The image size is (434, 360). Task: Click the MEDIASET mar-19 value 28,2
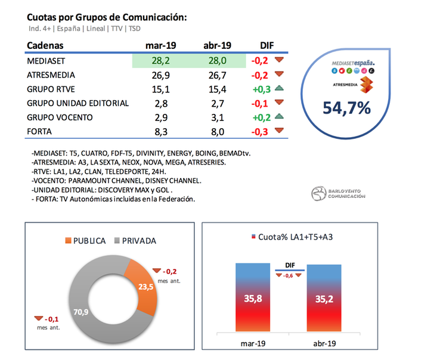point(160,61)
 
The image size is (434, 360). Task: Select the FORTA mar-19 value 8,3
point(160,132)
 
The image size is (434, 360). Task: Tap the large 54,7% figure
point(348,108)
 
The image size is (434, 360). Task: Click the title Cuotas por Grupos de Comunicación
point(107,17)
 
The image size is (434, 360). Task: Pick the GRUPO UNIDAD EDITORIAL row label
point(78,103)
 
